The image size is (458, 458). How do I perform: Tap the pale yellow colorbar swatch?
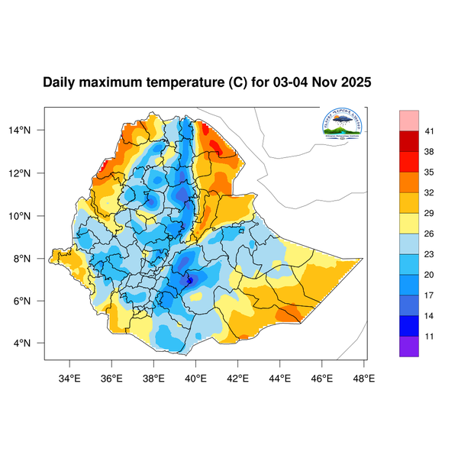tap(409, 223)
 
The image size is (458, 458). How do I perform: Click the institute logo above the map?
tap(342, 124)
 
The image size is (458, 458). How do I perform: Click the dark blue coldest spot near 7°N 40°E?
tap(190, 280)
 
